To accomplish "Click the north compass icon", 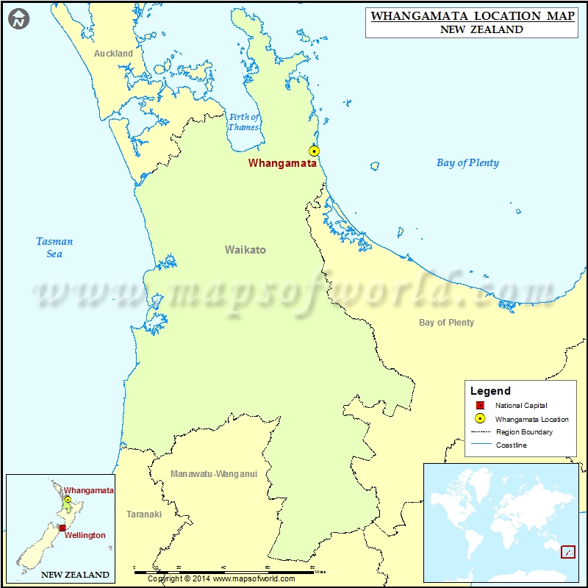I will click(x=19, y=20).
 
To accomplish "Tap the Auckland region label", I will click(x=113, y=53).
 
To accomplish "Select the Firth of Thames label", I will click(x=244, y=122).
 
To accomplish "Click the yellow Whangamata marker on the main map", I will click(x=315, y=151).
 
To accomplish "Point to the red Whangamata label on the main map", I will click(x=282, y=163).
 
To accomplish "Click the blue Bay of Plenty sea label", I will click(x=467, y=163).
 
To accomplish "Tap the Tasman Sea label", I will click(x=54, y=247).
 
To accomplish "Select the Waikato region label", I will click(x=245, y=250).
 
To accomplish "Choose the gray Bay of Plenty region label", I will click(x=446, y=322).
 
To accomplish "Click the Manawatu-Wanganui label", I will click(x=214, y=474).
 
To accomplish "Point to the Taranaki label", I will click(x=144, y=514).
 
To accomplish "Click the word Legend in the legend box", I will click(x=490, y=391).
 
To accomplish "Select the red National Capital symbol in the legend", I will click(x=480, y=406).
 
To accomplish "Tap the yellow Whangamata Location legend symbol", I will click(x=480, y=419).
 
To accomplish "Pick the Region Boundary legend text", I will click(x=524, y=432).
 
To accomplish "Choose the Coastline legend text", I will click(x=511, y=445).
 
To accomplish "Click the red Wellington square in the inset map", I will click(x=62, y=528).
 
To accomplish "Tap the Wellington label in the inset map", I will click(x=85, y=535).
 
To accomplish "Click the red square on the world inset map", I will click(x=567, y=551).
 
